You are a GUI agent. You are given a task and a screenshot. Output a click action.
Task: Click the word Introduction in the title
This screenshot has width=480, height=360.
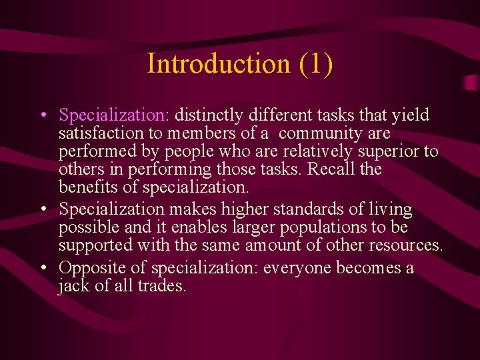[x=219, y=64]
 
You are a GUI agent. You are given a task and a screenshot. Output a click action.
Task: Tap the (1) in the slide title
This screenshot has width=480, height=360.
[x=316, y=64]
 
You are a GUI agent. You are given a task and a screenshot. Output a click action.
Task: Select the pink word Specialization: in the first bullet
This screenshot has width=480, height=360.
[x=114, y=115]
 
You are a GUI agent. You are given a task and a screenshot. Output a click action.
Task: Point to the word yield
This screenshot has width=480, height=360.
[x=413, y=115]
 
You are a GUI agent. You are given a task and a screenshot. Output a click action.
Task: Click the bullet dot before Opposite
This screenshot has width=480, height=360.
[x=42, y=268]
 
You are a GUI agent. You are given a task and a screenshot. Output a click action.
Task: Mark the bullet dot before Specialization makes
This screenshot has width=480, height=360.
[x=42, y=209]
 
